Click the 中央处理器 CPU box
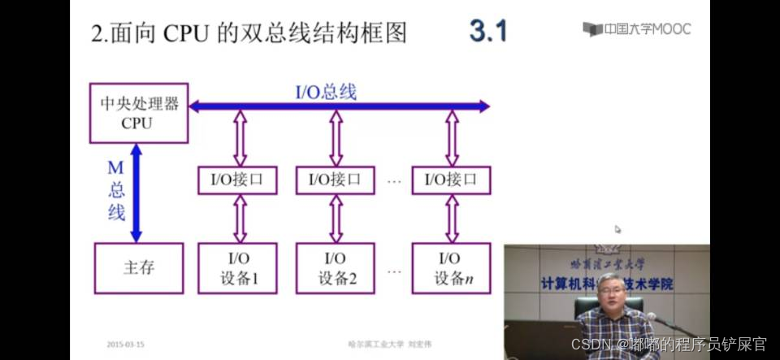click(x=138, y=113)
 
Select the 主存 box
click(x=138, y=267)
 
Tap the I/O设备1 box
click(x=238, y=267)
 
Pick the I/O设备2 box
click(x=336, y=267)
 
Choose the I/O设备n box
click(x=452, y=267)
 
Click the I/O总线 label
click(x=325, y=91)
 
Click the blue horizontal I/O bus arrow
click(x=390, y=106)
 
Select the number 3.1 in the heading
click(x=487, y=32)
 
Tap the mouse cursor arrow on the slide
click(x=617, y=230)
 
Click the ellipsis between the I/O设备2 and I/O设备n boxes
click(x=395, y=268)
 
